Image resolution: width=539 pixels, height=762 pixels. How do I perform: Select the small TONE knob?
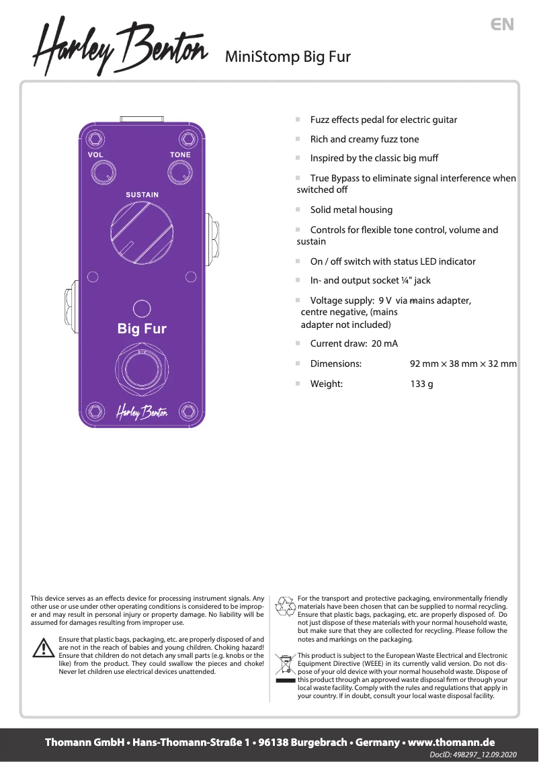coord(180,175)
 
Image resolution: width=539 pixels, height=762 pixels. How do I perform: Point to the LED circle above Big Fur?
coord(142,308)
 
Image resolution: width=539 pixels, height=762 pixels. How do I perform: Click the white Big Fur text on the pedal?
coord(142,329)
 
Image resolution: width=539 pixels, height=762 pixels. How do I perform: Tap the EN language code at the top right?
coord(502,25)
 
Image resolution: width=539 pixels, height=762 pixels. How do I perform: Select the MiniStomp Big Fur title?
coord(288,56)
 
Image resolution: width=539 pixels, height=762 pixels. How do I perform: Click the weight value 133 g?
coord(421,384)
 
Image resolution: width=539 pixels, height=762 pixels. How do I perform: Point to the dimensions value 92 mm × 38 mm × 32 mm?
coord(463,364)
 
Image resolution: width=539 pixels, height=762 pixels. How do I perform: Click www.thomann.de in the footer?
coord(451,743)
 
